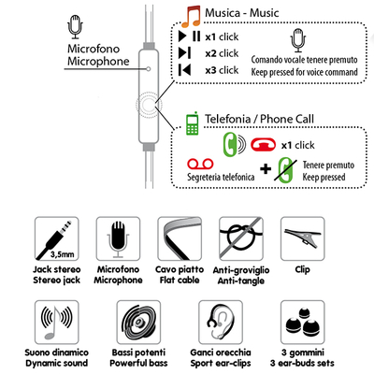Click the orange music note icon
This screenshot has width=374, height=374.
[191, 17]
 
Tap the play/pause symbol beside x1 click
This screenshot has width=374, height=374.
[189, 36]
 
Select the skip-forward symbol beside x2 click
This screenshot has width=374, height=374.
[184, 53]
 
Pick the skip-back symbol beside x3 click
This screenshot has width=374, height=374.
[184, 70]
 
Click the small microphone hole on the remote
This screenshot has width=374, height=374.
[149, 69]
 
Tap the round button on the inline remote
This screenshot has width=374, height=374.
[149, 105]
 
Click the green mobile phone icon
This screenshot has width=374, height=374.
[193, 123]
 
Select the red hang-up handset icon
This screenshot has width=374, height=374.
[264, 145]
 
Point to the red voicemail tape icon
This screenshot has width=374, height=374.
[200, 164]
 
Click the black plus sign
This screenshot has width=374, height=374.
[266, 169]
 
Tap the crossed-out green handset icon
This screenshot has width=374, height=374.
[285, 170]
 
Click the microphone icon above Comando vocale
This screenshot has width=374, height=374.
[298, 40]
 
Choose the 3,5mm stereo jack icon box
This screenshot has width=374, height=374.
[57, 238]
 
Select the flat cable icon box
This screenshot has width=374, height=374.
[180, 238]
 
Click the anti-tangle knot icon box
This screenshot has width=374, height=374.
[241, 238]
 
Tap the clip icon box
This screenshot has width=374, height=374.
[303, 238]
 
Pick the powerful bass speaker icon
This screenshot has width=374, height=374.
[138, 323]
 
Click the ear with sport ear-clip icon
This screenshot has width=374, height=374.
[221, 323]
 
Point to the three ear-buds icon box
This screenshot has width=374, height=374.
[303, 323]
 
